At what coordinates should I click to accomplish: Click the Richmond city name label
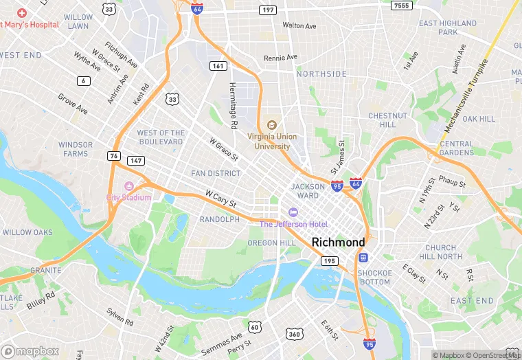click(x=338, y=242)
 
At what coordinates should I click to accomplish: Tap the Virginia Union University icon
click(x=272, y=124)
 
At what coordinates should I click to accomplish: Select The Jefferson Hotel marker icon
click(x=293, y=212)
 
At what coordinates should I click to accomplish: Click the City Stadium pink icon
click(x=128, y=186)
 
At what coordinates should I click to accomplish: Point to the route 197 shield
click(x=268, y=10)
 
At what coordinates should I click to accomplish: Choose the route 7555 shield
click(x=402, y=5)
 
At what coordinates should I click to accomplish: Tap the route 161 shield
click(x=218, y=66)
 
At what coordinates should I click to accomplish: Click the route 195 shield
click(x=330, y=260)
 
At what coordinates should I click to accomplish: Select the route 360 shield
click(x=294, y=333)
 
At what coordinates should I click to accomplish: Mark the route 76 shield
click(x=113, y=156)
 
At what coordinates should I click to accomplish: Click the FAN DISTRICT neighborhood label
click(x=216, y=173)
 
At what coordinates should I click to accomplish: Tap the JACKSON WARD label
click(x=308, y=190)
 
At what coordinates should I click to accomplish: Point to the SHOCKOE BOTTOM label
click(x=374, y=277)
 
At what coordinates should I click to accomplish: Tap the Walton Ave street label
click(x=299, y=25)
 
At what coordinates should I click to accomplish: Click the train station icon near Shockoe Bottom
click(x=362, y=258)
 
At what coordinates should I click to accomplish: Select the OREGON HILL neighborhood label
click(x=271, y=243)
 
